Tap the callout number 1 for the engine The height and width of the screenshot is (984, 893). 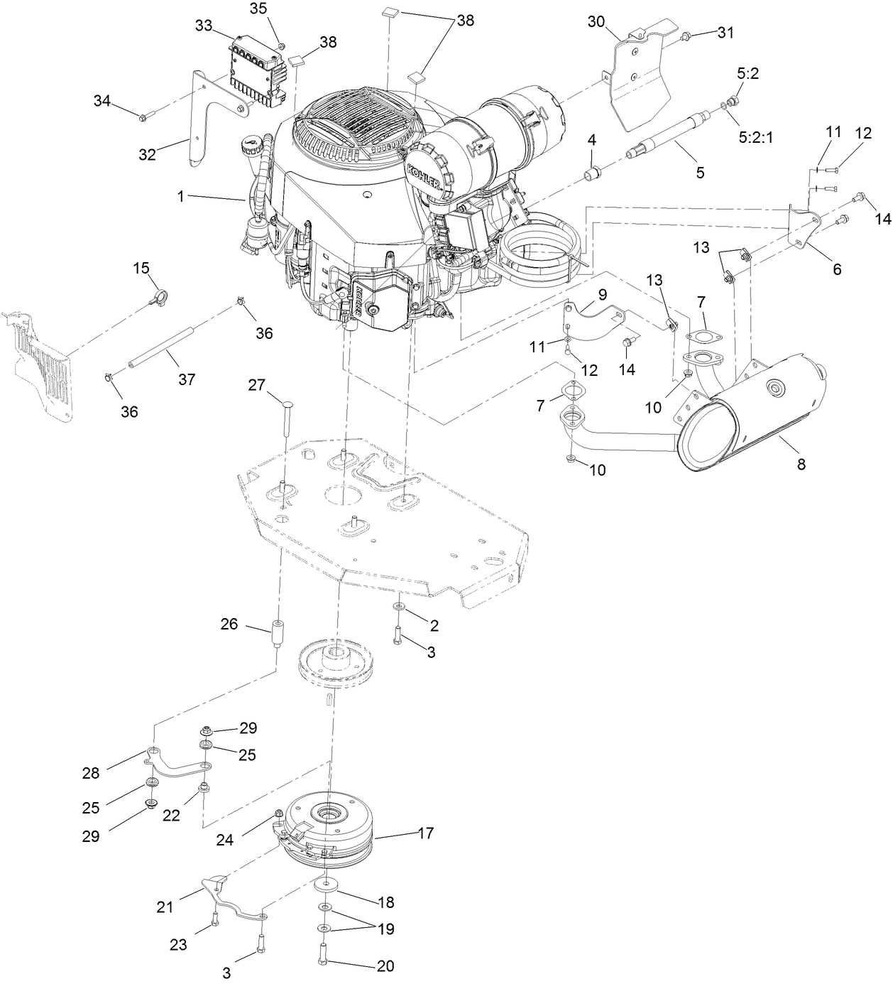tap(180, 197)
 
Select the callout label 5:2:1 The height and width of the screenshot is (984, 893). tap(755, 138)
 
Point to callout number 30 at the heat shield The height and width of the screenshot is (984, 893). tap(596, 22)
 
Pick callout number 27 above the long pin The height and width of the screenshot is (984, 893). tap(256, 385)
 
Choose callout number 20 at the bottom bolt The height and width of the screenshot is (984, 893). tap(385, 966)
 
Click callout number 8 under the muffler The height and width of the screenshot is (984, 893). tap(801, 464)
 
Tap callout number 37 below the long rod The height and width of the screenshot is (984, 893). tap(187, 379)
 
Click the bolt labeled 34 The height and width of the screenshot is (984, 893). tap(146, 117)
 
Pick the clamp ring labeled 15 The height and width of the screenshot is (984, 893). tap(160, 296)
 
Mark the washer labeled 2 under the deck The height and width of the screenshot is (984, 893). tap(398, 607)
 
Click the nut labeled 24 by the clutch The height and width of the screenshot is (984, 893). tap(278, 814)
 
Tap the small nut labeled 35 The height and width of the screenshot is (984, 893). tap(283, 45)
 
